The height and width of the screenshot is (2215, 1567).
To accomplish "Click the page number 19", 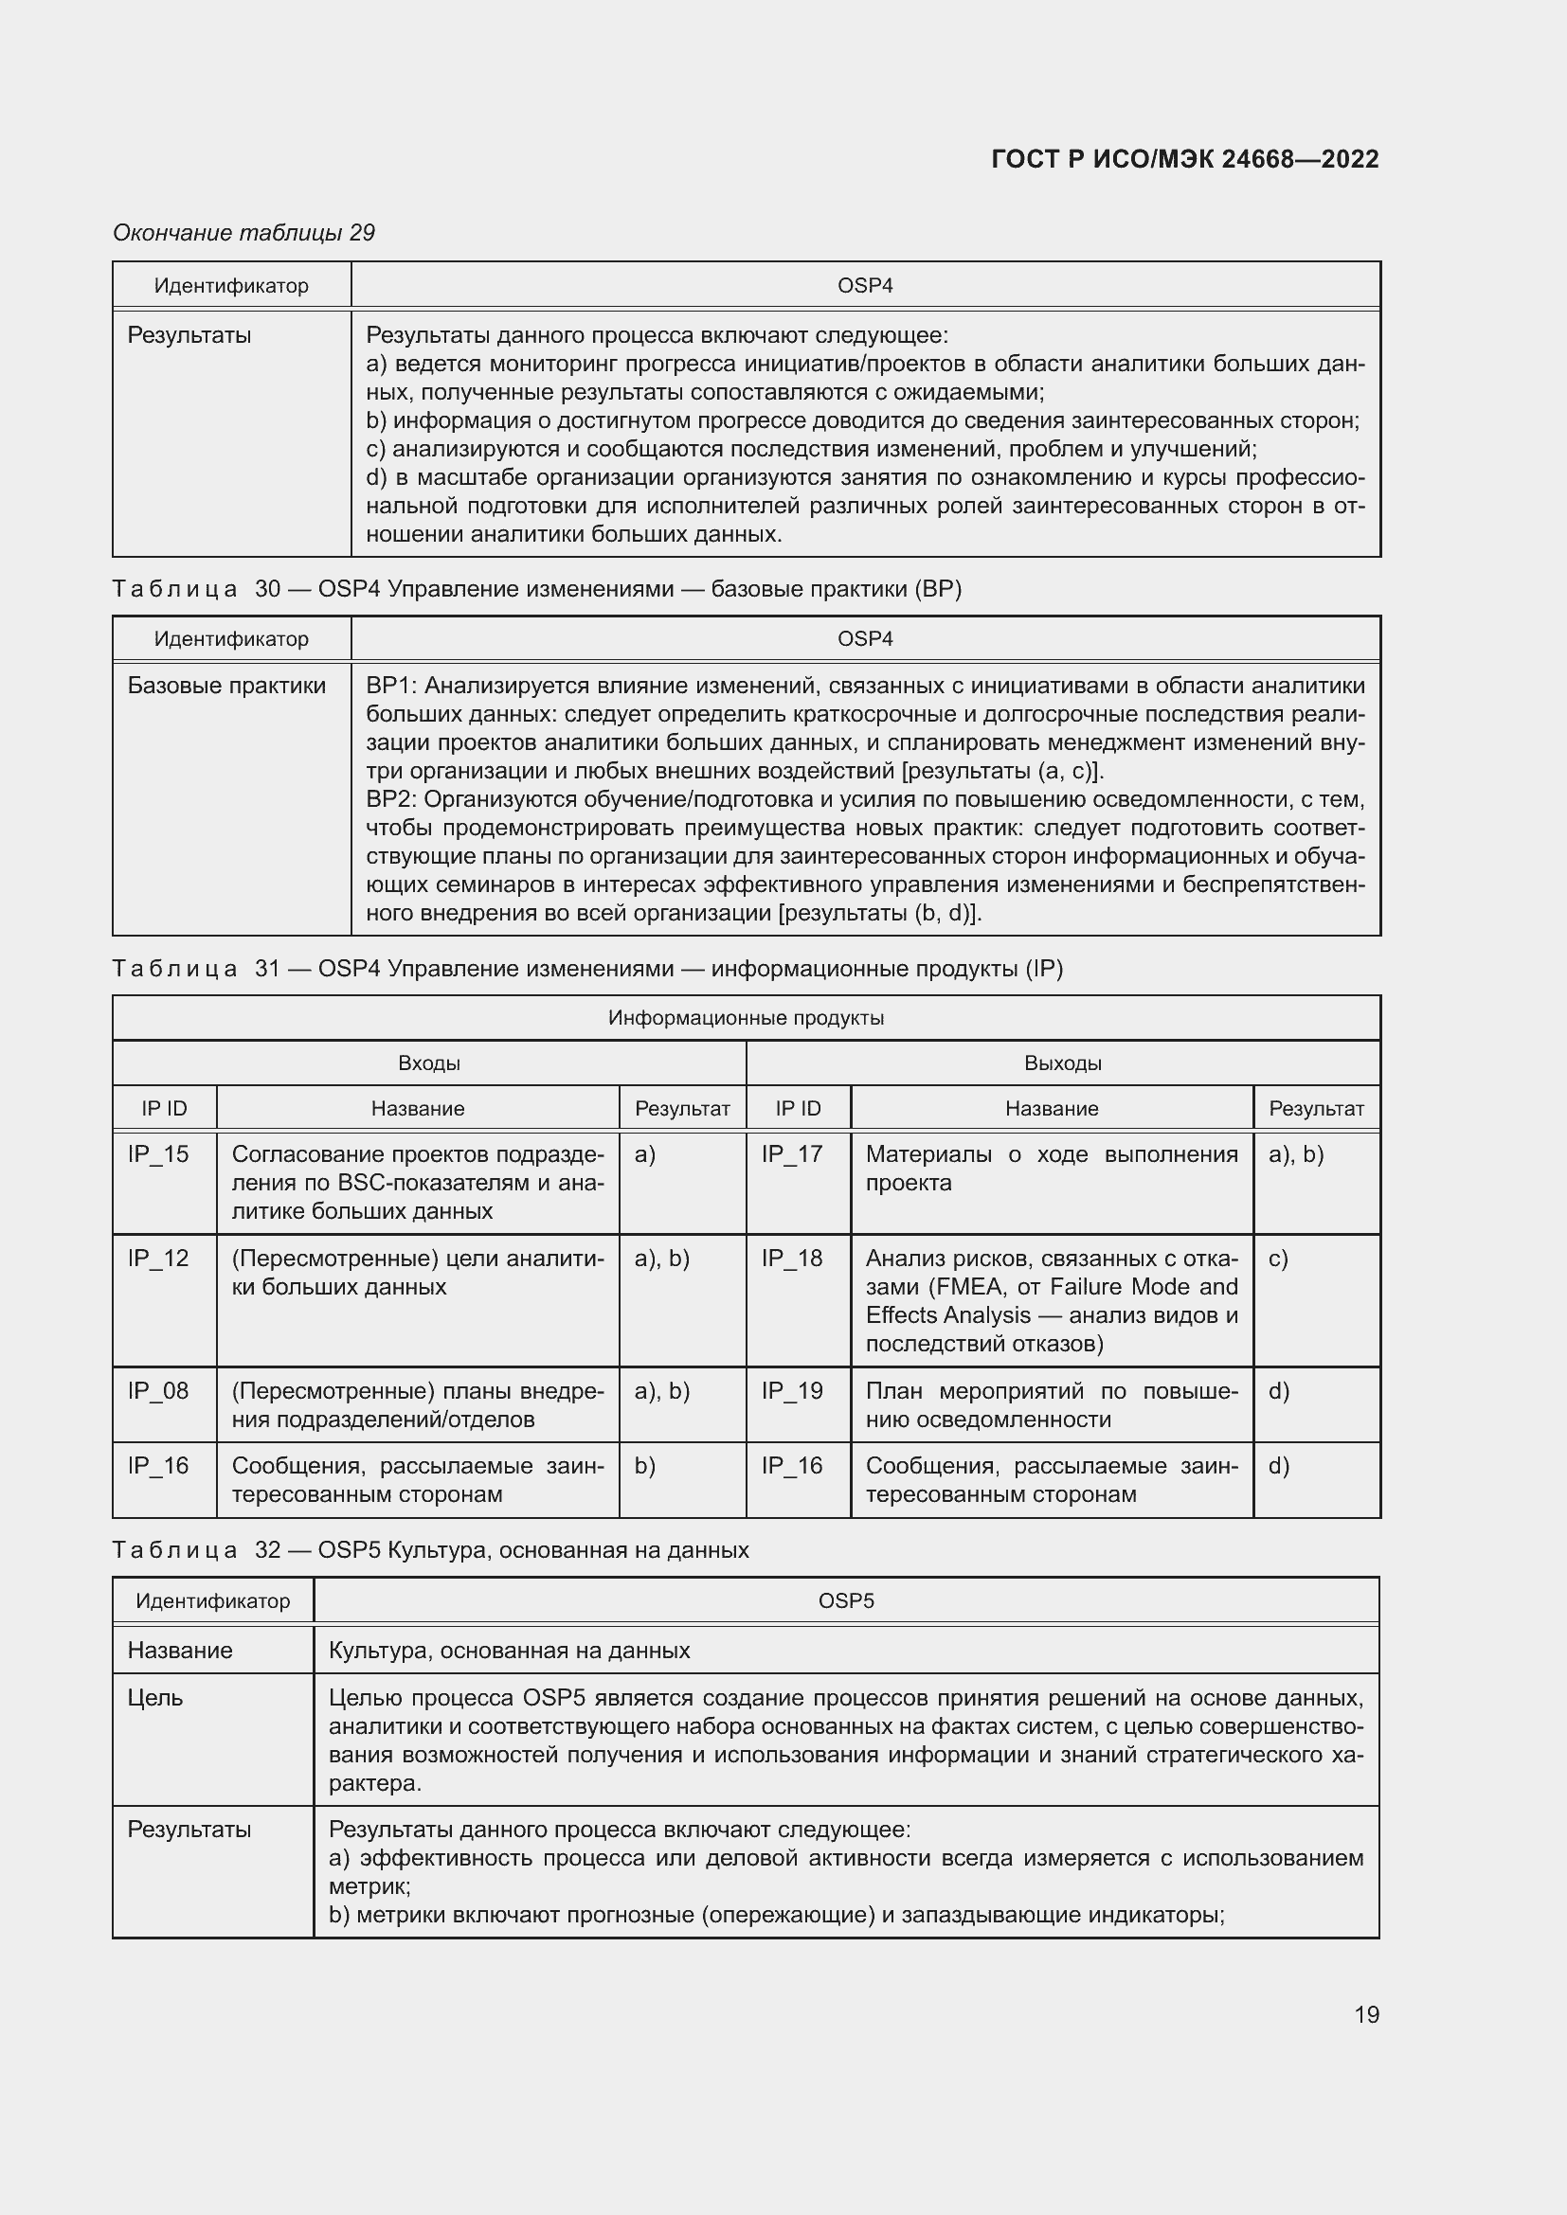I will coord(1366,2014).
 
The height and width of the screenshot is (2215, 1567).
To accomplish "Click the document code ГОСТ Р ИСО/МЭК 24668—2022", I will coord(1185,159).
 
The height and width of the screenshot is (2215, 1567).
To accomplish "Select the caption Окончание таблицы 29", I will coord(243,233).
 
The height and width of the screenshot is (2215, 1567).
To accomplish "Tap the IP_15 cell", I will coord(158,1153).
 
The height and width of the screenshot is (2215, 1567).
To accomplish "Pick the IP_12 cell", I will coord(158,1258).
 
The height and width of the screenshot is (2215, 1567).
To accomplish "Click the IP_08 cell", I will coord(158,1390).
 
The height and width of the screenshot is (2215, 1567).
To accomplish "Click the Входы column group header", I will coord(428,1063).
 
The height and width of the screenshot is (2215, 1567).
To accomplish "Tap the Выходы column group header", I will coord(1062,1063).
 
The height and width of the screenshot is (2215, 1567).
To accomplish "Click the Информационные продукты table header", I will coord(746,1018).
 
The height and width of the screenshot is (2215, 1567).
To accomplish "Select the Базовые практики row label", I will coord(226,686).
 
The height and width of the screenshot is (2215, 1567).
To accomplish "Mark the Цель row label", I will coord(155,1697).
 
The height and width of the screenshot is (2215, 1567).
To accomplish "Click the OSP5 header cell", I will coord(845,1600).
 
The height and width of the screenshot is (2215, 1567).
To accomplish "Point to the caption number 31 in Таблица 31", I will coord(267,969).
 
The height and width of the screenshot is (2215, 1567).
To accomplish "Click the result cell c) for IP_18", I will coord(1278,1258).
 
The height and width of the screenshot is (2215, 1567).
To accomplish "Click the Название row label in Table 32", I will coord(180,1650).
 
